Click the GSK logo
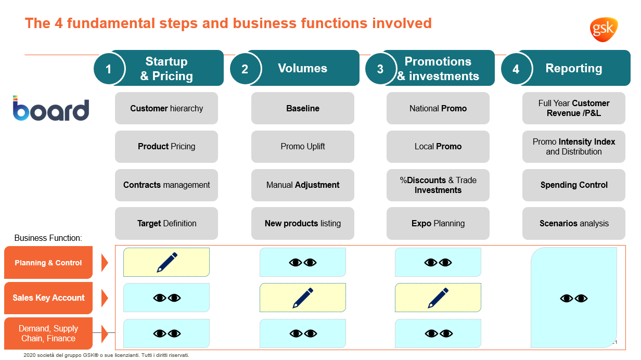click(x=604, y=29)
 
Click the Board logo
click(x=50, y=109)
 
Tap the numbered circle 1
click(x=109, y=69)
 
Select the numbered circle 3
click(x=380, y=69)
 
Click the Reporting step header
click(x=574, y=68)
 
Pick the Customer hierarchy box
click(x=166, y=108)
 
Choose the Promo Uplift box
click(x=303, y=147)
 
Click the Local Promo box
click(x=438, y=147)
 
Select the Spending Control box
click(x=574, y=185)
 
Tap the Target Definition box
click(x=166, y=224)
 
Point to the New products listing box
click(x=303, y=224)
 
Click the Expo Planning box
click(x=438, y=224)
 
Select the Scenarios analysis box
click(x=574, y=224)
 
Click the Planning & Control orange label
click(x=48, y=263)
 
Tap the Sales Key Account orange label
click(x=48, y=298)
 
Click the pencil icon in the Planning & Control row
click(x=167, y=262)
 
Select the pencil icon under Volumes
click(x=303, y=298)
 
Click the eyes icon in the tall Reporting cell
click(x=574, y=298)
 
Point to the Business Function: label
click(x=48, y=238)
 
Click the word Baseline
click(x=303, y=108)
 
